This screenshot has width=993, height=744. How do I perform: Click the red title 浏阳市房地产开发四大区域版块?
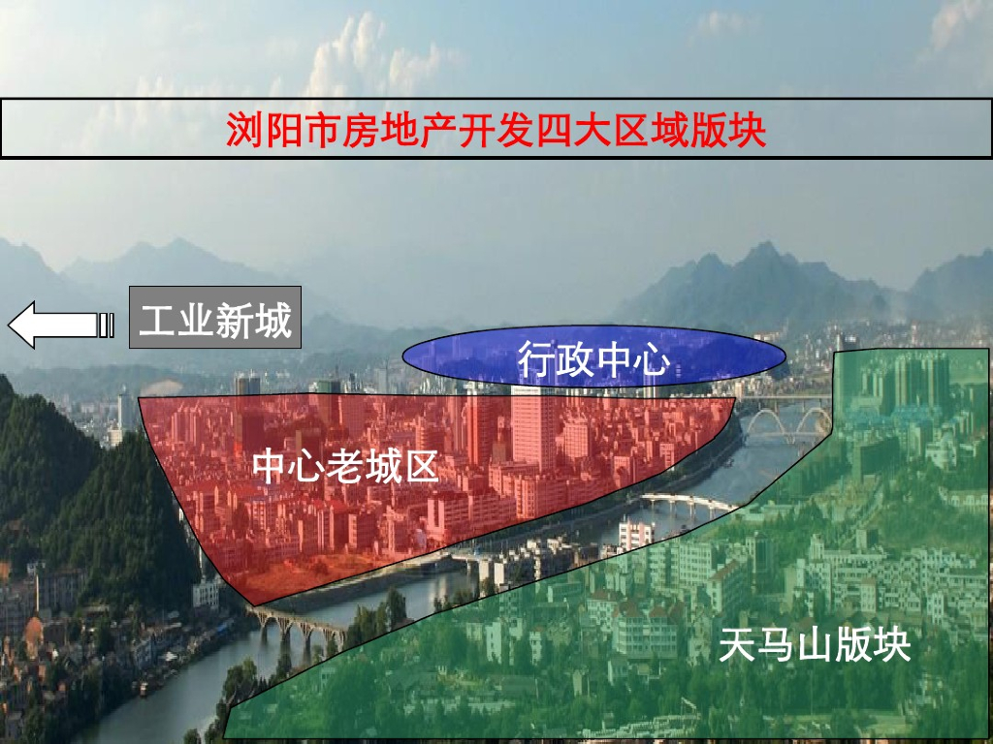tap(496, 129)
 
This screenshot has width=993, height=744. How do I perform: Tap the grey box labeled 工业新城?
tap(215, 318)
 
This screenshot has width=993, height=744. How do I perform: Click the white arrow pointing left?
tap(61, 325)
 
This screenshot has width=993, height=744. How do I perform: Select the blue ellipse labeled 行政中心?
tap(594, 356)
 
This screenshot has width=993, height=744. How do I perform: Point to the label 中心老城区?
tap(346, 467)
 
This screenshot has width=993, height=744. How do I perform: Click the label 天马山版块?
tap(815, 645)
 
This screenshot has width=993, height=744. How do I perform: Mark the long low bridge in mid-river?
tap(689, 504)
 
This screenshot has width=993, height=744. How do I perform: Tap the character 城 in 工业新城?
tap(273, 320)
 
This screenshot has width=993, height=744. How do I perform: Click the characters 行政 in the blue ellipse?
tap(556, 358)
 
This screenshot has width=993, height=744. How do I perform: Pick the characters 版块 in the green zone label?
tap(874, 645)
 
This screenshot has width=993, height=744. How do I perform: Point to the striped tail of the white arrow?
tap(107, 325)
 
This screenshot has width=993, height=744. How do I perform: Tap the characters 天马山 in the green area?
tap(777, 645)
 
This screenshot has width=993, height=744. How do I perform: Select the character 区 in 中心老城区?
tap(421, 467)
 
